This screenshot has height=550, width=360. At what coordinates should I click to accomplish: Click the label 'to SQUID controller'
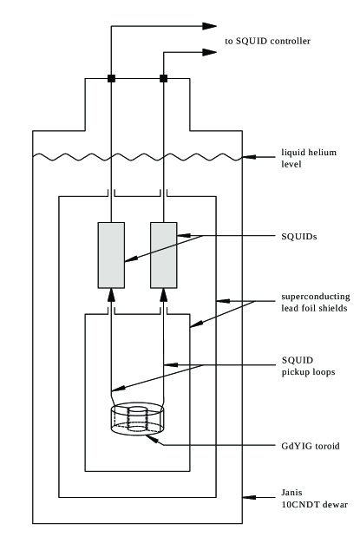[x=266, y=41]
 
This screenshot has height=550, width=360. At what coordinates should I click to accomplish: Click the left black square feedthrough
[x=111, y=79]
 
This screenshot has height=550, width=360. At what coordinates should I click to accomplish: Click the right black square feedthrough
[x=164, y=79]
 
